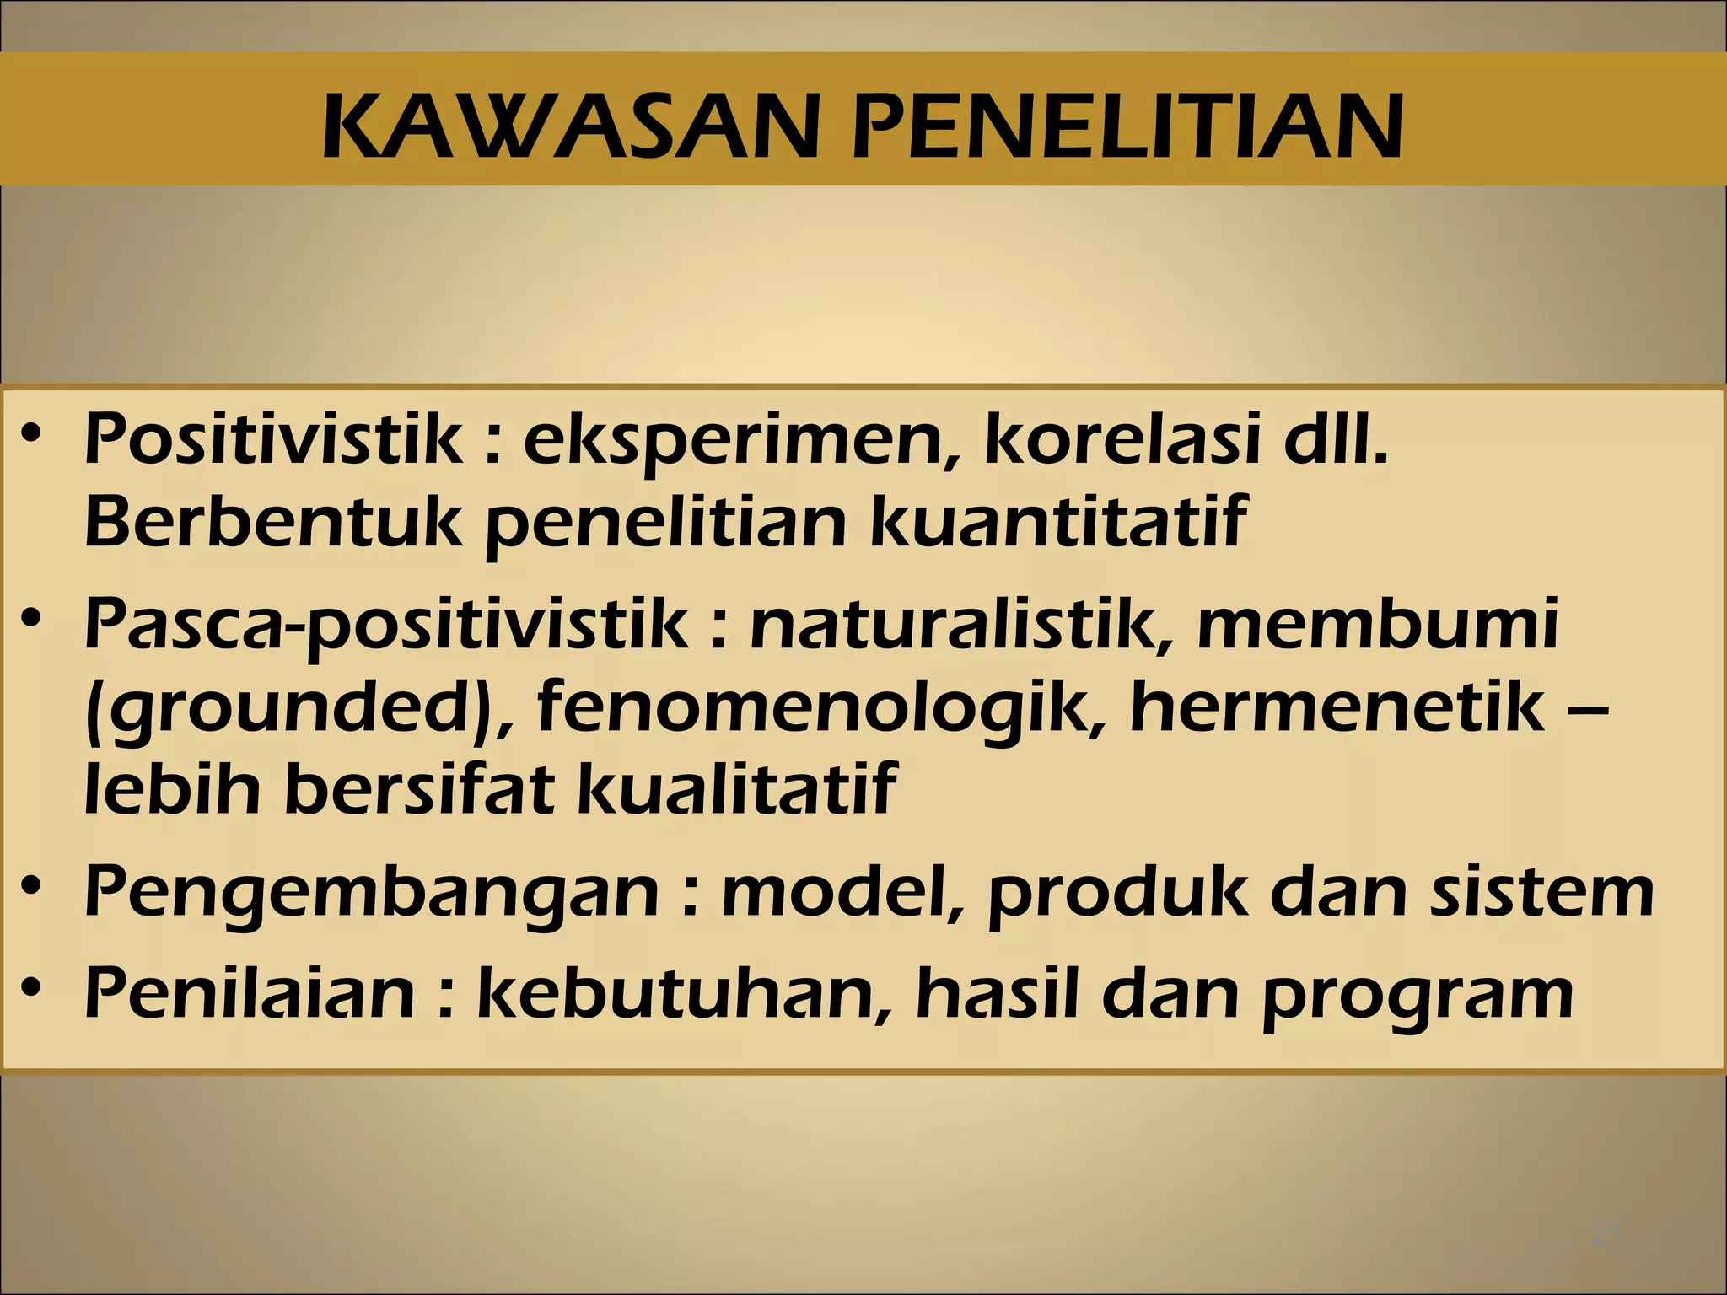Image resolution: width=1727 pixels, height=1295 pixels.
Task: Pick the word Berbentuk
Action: tap(274, 520)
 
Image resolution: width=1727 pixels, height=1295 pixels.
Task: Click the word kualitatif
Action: tap(734, 788)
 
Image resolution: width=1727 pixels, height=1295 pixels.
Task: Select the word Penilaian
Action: tap(250, 992)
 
